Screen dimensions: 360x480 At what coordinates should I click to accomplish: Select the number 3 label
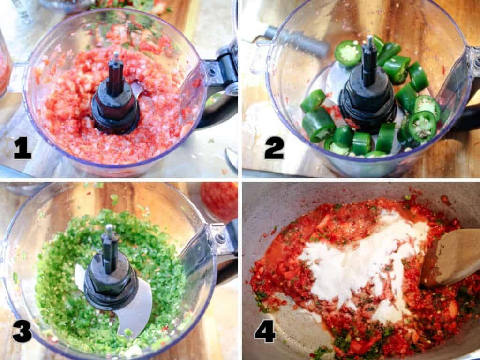tap(22, 330)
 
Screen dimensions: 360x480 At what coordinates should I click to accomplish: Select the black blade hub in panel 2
tap(368, 101)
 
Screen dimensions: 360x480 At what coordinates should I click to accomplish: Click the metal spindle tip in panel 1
tap(115, 57)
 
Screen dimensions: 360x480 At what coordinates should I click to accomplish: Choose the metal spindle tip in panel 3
tap(110, 229)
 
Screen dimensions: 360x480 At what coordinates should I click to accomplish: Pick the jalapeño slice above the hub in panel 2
tap(348, 53)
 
